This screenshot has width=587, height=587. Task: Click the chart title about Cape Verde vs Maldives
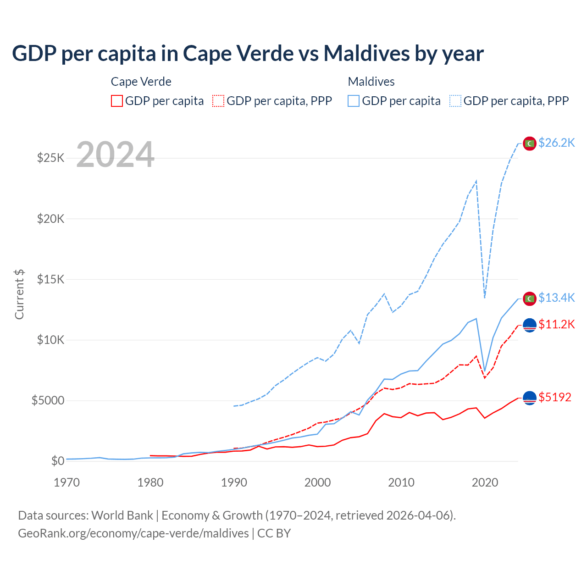point(248,53)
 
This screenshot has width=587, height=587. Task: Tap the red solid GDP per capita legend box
point(117,101)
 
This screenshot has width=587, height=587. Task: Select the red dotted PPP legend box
point(218,101)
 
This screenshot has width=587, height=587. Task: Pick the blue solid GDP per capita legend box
point(354,101)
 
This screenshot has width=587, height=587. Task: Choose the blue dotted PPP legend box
point(455,101)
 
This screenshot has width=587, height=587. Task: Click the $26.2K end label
point(556,143)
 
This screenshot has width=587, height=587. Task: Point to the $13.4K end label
point(556,298)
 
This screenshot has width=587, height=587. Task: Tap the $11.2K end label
point(556,324)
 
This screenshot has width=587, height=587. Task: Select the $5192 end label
point(555,397)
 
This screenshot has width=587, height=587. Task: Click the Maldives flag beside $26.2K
point(530,143)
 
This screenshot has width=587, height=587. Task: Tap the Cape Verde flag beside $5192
point(530,399)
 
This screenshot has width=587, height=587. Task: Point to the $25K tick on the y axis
point(51,158)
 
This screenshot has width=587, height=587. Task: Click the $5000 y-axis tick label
point(48,400)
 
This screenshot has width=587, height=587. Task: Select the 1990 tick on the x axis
point(234,482)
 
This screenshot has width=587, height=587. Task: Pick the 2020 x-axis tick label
point(485,482)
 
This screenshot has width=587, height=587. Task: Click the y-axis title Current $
point(19,294)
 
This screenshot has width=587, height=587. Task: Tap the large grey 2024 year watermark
point(115,155)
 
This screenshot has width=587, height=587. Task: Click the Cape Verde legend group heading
point(141,82)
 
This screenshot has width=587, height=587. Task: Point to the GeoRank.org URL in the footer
point(133,533)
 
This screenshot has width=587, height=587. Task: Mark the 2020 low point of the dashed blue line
point(485,297)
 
